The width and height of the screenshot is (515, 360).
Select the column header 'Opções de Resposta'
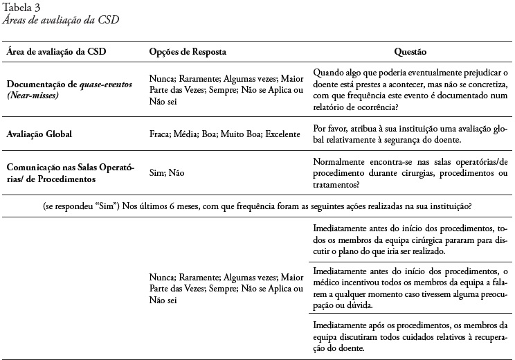pyautogui.click(x=187, y=52)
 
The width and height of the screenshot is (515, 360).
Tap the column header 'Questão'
pyautogui.click(x=410, y=52)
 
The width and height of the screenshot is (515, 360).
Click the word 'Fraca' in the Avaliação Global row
pyautogui.click(x=160, y=134)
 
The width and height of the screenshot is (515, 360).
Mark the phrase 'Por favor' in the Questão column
pyautogui.click(x=329, y=128)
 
